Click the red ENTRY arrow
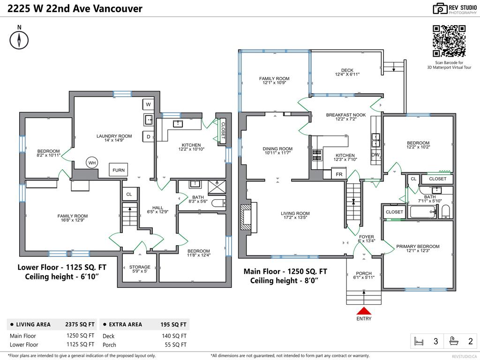(x=364, y=311)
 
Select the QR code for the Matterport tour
(x=449, y=41)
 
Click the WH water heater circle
(x=92, y=163)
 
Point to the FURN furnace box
(x=119, y=170)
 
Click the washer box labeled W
(x=148, y=104)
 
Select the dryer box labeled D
(x=148, y=137)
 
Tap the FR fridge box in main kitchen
(x=339, y=174)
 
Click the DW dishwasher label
(x=375, y=155)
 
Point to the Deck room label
(x=347, y=72)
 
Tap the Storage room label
(x=140, y=269)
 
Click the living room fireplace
(x=246, y=218)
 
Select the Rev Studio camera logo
(x=440, y=8)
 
